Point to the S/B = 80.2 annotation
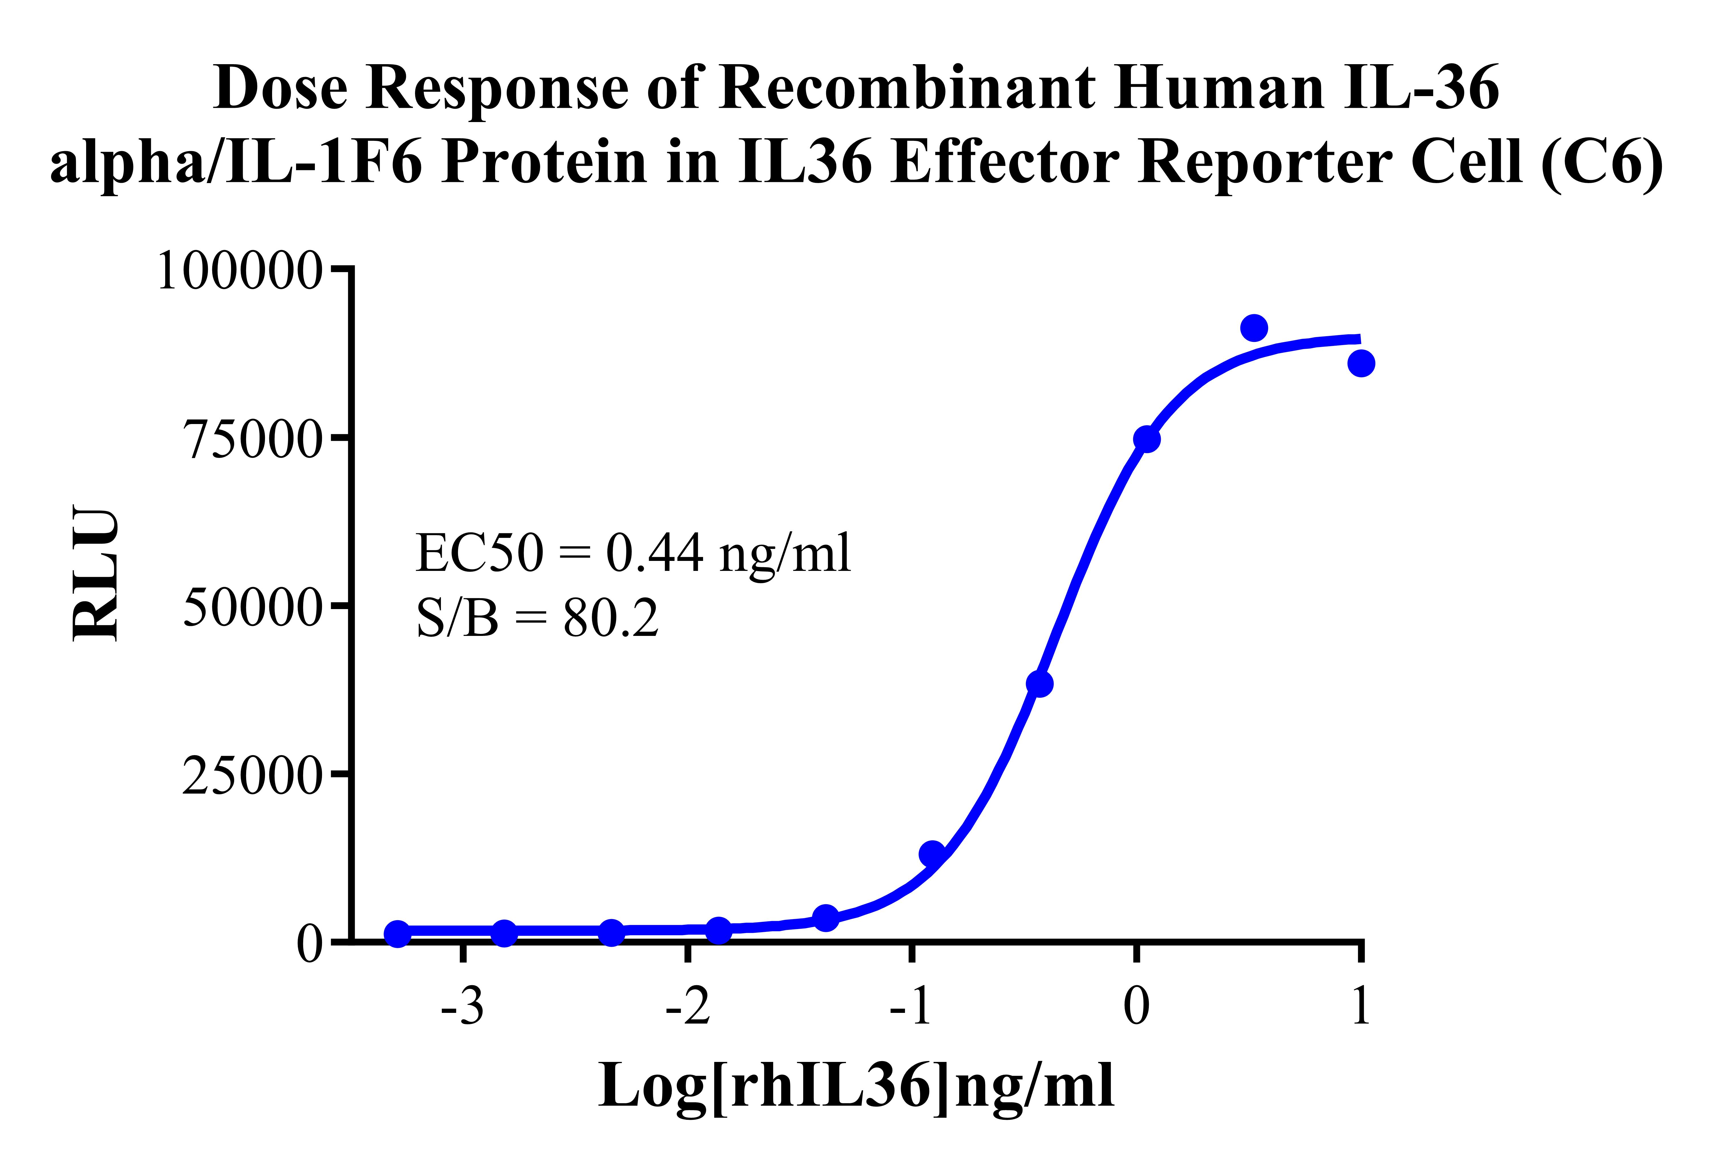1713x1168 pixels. click(x=536, y=618)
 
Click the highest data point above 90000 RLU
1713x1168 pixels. click(x=1254, y=328)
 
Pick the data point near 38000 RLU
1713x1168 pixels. click(x=1039, y=684)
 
